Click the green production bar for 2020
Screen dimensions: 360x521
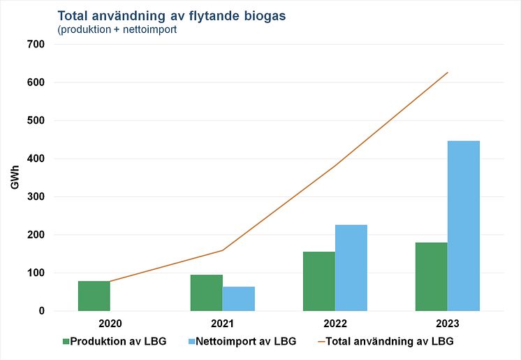click(x=94, y=296)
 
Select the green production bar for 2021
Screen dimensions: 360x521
click(x=206, y=293)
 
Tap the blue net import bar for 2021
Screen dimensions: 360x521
click(x=238, y=298)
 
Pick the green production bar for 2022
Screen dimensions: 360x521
click(x=318, y=281)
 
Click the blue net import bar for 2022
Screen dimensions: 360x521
click(x=351, y=268)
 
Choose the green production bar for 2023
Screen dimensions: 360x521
click(x=431, y=277)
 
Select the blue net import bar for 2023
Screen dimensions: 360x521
click(x=463, y=226)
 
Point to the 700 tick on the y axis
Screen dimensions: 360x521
click(x=35, y=45)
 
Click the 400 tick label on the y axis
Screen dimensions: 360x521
click(x=35, y=159)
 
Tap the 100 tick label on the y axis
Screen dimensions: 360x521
click(x=35, y=273)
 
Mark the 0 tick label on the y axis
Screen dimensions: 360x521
click(x=41, y=311)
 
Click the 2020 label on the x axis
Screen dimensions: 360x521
click(x=110, y=325)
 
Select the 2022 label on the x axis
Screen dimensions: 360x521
click(x=335, y=325)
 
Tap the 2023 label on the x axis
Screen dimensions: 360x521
click(x=447, y=325)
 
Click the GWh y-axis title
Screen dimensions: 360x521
click(x=15, y=178)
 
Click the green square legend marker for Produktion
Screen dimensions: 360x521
click(x=66, y=341)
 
